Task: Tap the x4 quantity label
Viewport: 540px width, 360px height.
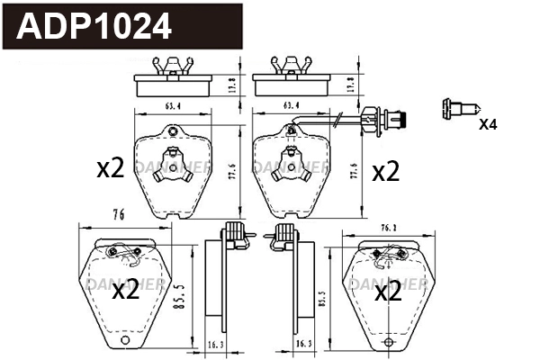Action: pyautogui.click(x=487, y=124)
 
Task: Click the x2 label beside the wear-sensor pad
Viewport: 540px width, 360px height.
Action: pyautogui.click(x=384, y=171)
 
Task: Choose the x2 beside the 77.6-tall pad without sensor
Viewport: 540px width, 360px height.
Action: pyautogui.click(x=110, y=167)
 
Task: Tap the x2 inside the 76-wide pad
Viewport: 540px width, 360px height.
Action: pyautogui.click(x=125, y=290)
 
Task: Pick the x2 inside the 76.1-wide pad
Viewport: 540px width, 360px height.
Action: pyautogui.click(x=387, y=291)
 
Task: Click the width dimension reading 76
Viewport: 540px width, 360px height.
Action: pyautogui.click(x=117, y=213)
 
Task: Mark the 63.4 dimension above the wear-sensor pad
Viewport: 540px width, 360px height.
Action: pyautogui.click(x=291, y=105)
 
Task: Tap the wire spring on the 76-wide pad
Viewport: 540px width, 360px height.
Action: pyautogui.click(x=129, y=259)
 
